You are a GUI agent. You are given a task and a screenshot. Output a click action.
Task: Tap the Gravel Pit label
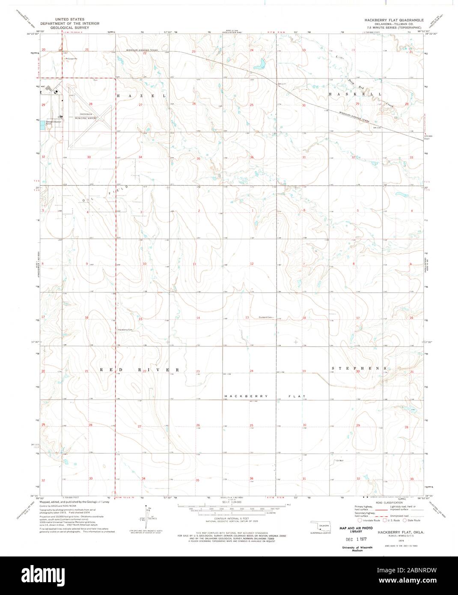69,59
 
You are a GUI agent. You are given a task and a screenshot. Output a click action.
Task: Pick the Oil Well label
339,461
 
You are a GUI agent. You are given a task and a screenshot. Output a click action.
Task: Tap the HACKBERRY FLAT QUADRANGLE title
393,20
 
